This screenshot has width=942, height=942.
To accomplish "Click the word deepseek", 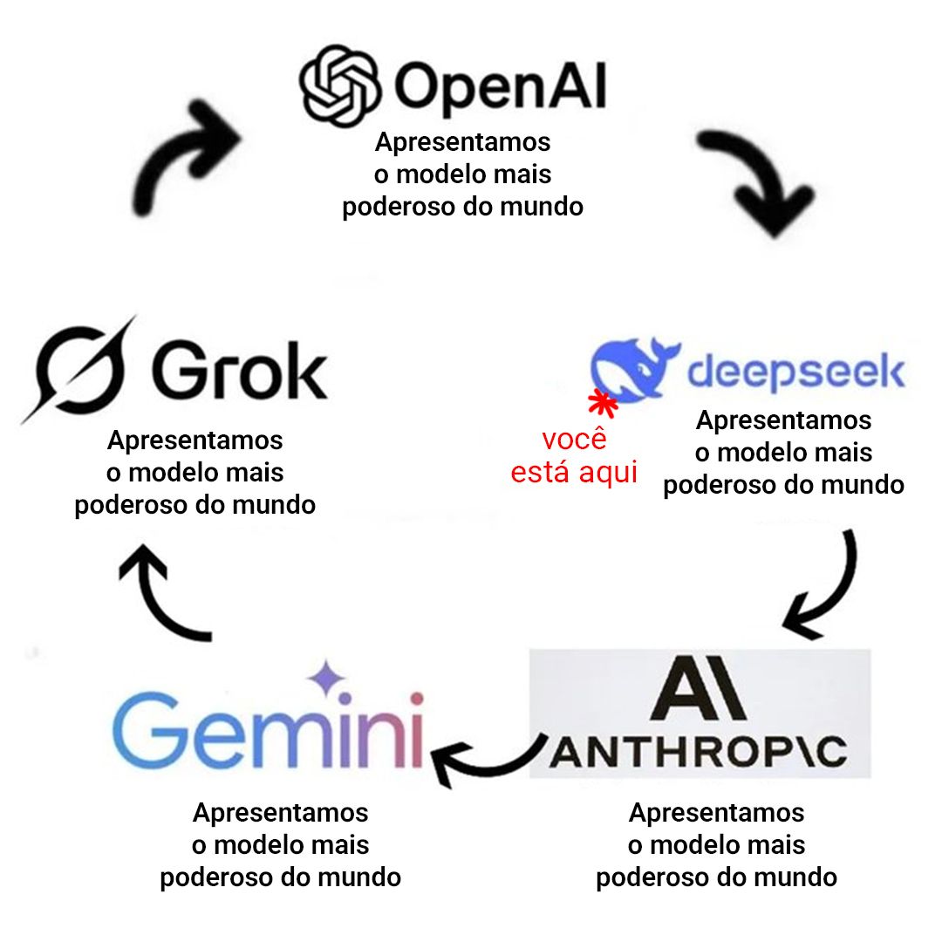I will [x=795, y=372].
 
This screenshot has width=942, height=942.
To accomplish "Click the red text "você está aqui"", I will [x=574, y=456].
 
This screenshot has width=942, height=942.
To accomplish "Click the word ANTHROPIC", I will [x=698, y=752].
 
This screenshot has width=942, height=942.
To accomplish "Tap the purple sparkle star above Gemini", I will [x=326, y=679].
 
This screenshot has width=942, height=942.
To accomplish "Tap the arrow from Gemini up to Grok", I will [x=161, y=592].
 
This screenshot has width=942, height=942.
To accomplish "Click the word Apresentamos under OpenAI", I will [x=463, y=141].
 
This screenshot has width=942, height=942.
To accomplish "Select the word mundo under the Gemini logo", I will [x=360, y=877].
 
